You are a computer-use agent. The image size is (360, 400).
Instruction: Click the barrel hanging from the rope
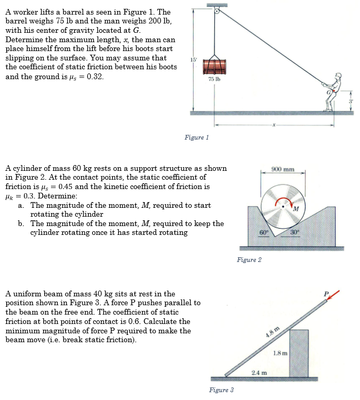[213, 66]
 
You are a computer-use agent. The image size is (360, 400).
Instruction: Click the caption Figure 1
[197, 137]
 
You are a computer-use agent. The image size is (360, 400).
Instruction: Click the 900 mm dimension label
[283, 169]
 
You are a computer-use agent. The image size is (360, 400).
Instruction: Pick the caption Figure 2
[249, 259]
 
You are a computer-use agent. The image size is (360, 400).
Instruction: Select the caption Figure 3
[221, 390]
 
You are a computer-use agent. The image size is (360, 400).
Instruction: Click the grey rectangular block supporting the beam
[299, 352]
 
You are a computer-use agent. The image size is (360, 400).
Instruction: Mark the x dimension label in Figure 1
[272, 124]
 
